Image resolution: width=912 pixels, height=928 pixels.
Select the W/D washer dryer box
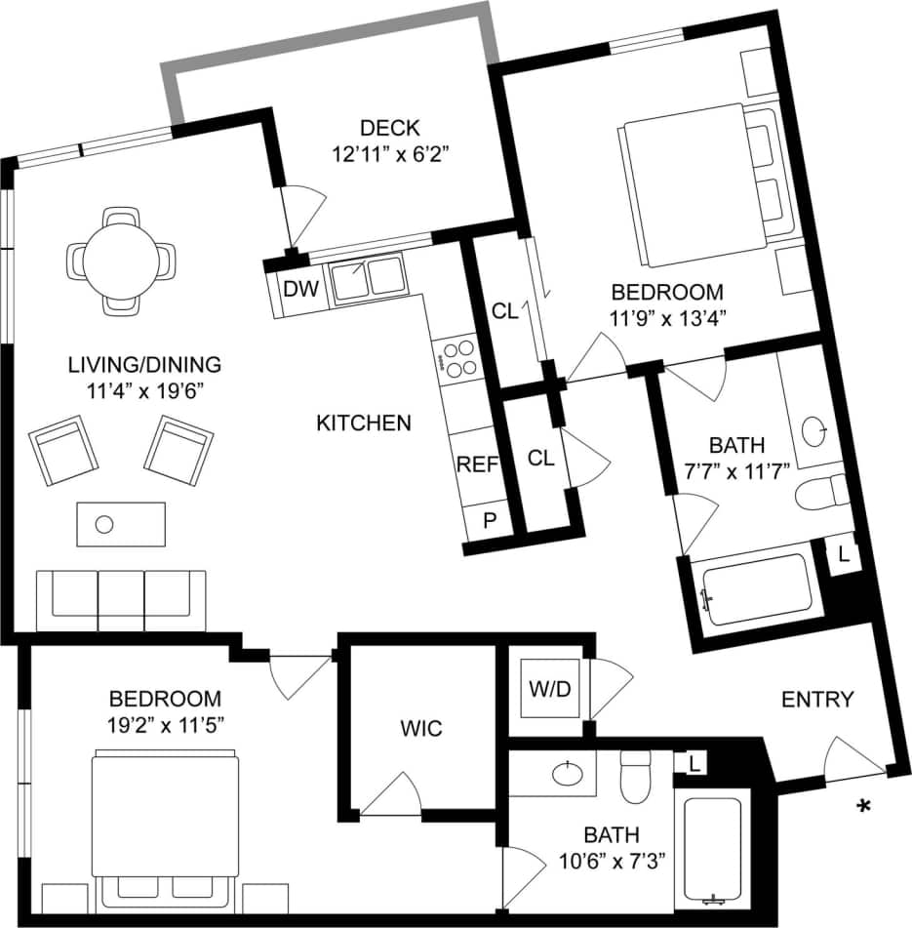coord(549,689)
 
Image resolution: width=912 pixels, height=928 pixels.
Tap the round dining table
coord(122,261)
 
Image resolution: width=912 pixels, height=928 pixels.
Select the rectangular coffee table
coord(120,525)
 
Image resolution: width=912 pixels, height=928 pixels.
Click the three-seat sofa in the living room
coord(121,599)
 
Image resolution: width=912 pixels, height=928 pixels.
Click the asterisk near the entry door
coord(862,806)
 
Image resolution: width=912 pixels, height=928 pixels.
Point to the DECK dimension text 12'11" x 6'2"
coord(389,153)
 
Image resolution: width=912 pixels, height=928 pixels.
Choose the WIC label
coord(421,728)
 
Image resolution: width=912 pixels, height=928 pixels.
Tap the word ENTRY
coord(817,700)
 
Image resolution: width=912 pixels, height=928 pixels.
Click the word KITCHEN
coord(364,423)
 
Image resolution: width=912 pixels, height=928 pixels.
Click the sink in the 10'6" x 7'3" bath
coord(568,775)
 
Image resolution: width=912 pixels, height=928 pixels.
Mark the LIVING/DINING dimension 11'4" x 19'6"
coord(144,388)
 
